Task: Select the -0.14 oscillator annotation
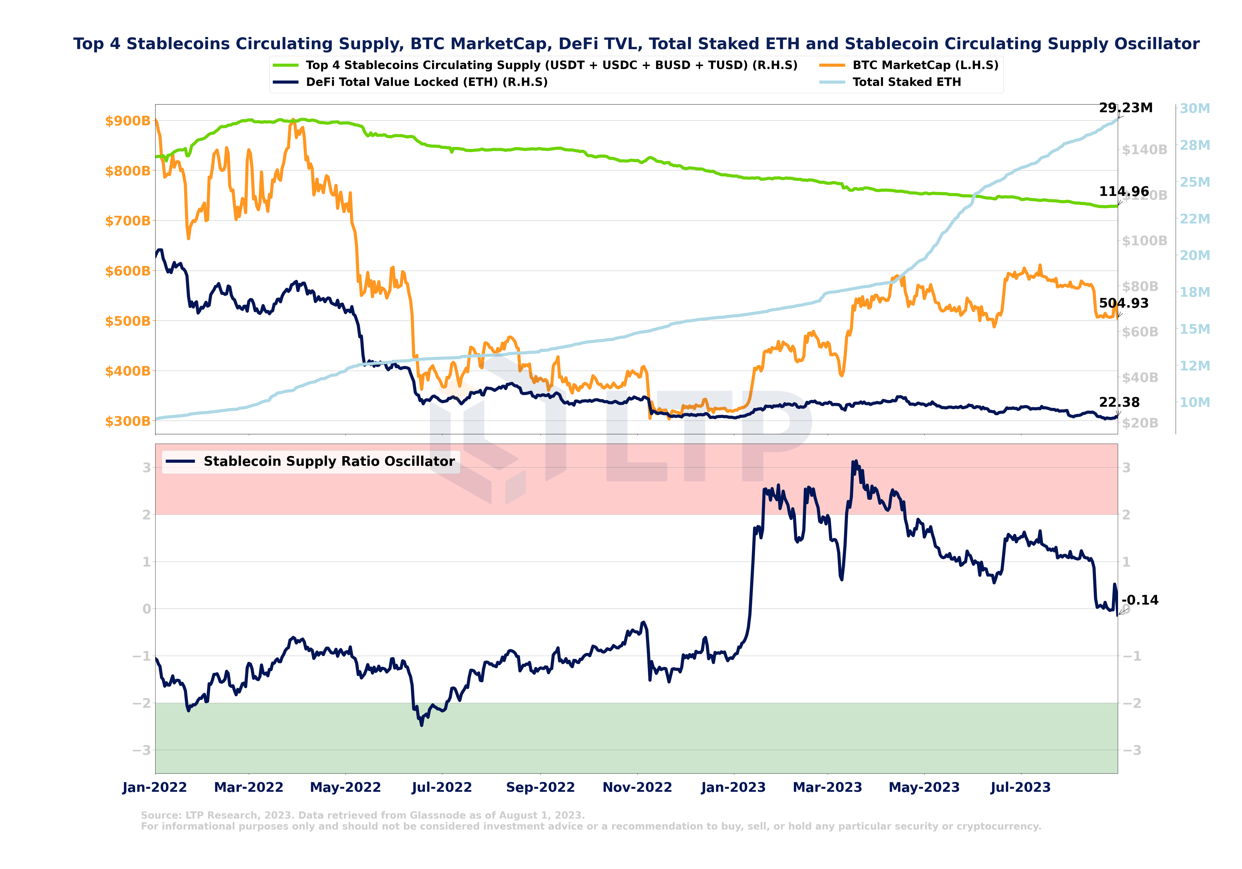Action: click(1140, 600)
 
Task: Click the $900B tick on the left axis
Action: click(128, 121)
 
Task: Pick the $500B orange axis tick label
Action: click(128, 321)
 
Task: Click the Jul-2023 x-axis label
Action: click(1020, 787)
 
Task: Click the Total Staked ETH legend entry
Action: click(907, 82)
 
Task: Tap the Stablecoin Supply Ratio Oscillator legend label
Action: click(329, 461)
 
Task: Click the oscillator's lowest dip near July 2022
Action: click(422, 724)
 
